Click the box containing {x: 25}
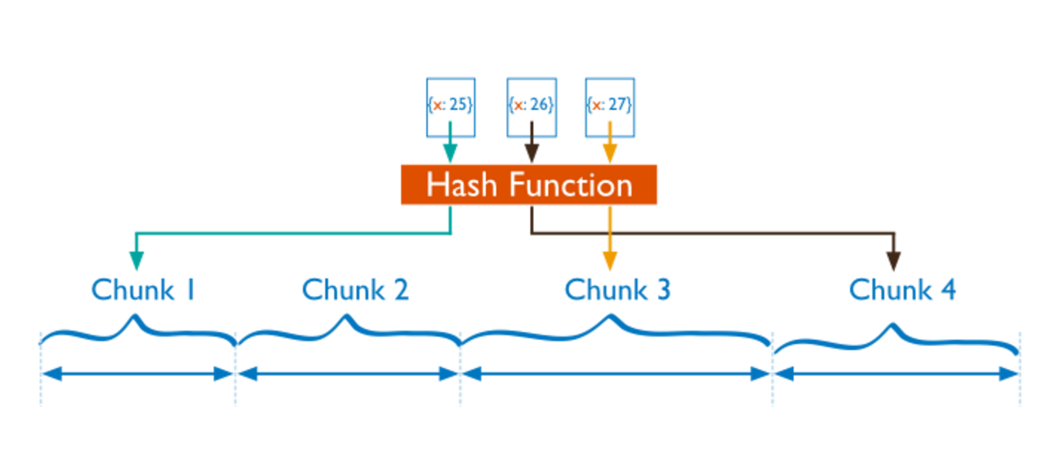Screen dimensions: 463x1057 pos(450,105)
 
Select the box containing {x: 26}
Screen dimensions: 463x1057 pos(532,105)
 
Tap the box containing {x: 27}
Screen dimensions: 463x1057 pos(610,105)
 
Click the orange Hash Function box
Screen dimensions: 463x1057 pos(528,185)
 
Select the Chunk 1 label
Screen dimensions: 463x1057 pos(143,290)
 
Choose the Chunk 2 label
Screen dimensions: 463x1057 pos(355,290)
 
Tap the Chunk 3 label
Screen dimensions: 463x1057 pos(617,290)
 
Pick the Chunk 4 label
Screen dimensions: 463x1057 pos(902,290)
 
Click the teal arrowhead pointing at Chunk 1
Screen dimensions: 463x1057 pos(135,261)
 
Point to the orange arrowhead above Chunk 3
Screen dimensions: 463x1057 pos(610,261)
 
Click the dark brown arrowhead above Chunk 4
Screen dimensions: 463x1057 pos(892,261)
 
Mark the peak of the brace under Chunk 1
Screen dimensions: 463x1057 pos(136,317)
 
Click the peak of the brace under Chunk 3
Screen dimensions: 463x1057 pos(610,317)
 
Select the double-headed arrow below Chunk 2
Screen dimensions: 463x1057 pos(348,375)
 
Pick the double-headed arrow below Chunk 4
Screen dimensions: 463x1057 pos(896,375)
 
